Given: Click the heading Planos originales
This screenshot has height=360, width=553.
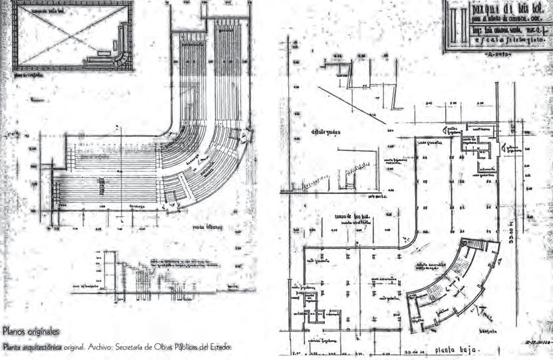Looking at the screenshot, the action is (x=31, y=331).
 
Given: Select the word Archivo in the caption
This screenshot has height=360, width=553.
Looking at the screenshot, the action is (x=98, y=346).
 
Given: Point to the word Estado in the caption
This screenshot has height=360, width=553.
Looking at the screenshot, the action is (x=220, y=346).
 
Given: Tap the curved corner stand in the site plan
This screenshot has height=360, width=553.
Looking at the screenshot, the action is (x=120, y=53).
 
